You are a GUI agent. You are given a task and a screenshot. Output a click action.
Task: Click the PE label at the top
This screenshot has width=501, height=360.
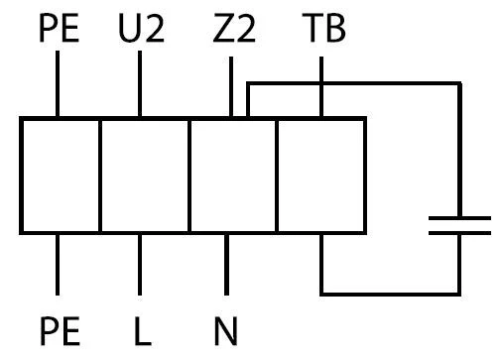pyautogui.click(x=60, y=28)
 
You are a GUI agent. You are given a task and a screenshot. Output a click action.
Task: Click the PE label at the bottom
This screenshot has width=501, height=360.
pyautogui.click(x=60, y=331)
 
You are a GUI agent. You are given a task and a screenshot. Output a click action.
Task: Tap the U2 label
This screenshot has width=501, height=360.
pyautogui.click(x=141, y=29)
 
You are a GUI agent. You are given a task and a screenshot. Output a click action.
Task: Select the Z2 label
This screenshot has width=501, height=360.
pyautogui.click(x=234, y=29)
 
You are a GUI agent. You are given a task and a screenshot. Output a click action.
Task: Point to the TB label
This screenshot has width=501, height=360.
pyautogui.click(x=323, y=28)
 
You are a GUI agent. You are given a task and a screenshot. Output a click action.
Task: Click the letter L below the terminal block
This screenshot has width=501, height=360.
pyautogui.click(x=143, y=331)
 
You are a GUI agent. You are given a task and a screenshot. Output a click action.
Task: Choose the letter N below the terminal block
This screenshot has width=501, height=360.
pyautogui.click(x=226, y=331)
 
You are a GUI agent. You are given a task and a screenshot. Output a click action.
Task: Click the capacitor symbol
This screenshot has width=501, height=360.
pyautogui.click(x=459, y=226)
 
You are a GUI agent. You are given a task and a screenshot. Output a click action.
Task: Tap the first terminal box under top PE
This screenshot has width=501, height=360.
pyautogui.click(x=61, y=176)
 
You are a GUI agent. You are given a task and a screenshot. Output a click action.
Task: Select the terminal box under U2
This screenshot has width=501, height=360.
pyautogui.click(x=145, y=176)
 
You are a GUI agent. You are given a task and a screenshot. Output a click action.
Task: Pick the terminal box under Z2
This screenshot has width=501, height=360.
pyautogui.click(x=233, y=176)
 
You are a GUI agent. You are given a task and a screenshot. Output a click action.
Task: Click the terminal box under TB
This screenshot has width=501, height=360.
pyautogui.click(x=320, y=176)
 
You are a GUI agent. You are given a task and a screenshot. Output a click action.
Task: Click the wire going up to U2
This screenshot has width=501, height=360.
pyautogui.click(x=140, y=83)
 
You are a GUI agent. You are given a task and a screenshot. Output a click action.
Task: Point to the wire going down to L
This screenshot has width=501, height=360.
pyautogui.click(x=140, y=265)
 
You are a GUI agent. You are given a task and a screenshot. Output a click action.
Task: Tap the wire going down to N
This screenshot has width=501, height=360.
pyautogui.click(x=226, y=265)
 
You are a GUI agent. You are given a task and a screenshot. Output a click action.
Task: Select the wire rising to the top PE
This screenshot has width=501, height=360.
pyautogui.click(x=58, y=83)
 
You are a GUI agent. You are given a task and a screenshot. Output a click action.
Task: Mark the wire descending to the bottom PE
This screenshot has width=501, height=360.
pyautogui.click(x=58, y=265)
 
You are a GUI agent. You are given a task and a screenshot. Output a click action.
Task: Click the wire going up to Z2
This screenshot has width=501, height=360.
pyautogui.click(x=231, y=86)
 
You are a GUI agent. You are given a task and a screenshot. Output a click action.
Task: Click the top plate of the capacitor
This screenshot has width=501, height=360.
pyautogui.click(x=459, y=218)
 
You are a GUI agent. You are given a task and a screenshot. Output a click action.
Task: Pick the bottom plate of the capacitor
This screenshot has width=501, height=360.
pyautogui.click(x=459, y=233)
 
